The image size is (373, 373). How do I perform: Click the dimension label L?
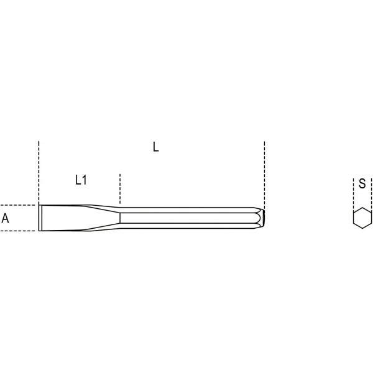pos(155,147)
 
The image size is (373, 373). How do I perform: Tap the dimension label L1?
pos(81,180)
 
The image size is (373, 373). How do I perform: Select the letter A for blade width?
pos(5,218)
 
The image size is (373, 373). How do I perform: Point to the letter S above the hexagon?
pos(362,183)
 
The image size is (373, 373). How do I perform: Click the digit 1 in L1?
pos(85,180)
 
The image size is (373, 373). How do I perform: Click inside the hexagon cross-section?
pos(362,218)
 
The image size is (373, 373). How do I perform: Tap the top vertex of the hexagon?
pos(362,208)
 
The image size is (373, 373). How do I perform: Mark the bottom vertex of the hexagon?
pos(362,228)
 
